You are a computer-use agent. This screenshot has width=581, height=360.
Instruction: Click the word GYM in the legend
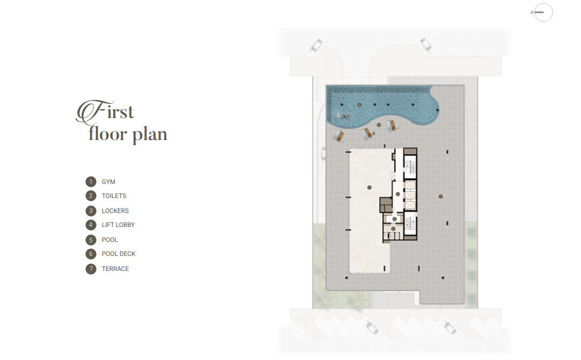pyautogui.click(x=108, y=182)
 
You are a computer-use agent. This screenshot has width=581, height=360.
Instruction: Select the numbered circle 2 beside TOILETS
pyautogui.click(x=91, y=196)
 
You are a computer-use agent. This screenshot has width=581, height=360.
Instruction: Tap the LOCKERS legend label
pyautogui.click(x=115, y=211)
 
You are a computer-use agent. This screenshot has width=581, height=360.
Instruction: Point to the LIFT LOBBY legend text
pyautogui.click(x=118, y=225)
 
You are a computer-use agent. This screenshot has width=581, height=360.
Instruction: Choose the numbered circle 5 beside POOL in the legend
pyautogui.click(x=91, y=240)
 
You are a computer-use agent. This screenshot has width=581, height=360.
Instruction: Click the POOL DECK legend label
pyautogui.click(x=119, y=254)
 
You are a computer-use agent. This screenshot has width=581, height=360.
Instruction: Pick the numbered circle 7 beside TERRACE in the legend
pyautogui.click(x=91, y=269)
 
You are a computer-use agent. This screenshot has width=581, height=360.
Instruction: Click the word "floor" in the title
pyautogui.click(x=108, y=134)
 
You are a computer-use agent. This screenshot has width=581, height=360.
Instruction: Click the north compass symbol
pyautogui.click(x=542, y=12)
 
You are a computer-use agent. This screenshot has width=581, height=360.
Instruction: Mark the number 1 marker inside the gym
pyautogui.click(x=369, y=187)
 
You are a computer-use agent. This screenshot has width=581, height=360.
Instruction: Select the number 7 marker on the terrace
pyautogui.click(x=440, y=196)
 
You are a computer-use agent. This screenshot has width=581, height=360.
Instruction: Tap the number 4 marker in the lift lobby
pyautogui.click(x=397, y=194)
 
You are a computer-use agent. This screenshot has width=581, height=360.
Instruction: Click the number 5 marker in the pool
pyautogui.click(x=359, y=105)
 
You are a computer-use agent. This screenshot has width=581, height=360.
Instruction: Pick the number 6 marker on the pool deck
pyautogui.click(x=379, y=125)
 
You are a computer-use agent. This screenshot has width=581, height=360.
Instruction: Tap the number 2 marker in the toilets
pyautogui.click(x=393, y=229)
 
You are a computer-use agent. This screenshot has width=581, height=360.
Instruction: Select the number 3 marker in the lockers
pyautogui.click(x=394, y=219)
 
